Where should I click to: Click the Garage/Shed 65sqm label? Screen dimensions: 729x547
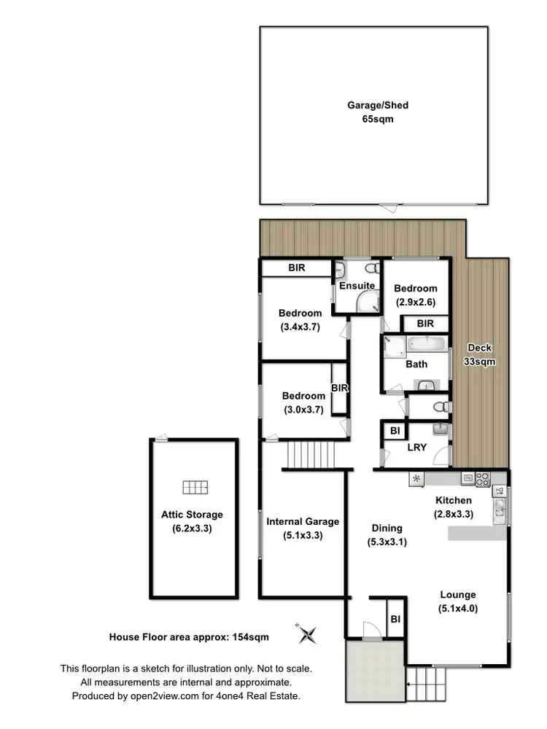pos(377,112)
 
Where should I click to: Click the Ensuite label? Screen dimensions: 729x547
pos(357,286)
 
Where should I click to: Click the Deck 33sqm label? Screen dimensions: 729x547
pos(481,354)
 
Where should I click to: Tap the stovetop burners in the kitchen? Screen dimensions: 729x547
pos(481,479)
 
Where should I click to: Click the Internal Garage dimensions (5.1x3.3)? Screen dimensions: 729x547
pos(302,534)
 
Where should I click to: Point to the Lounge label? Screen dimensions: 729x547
pos(457,595)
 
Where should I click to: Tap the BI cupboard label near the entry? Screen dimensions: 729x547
pos(395,619)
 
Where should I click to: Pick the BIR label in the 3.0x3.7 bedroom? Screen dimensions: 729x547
pos(340,389)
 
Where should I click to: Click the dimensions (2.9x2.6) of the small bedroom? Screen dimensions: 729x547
pos(416,301)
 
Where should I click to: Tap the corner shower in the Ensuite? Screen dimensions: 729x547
pos(367,301)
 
